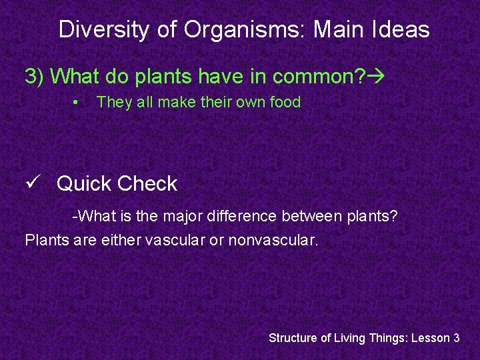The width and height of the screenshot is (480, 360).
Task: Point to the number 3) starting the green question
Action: pyautogui.click(x=35, y=77)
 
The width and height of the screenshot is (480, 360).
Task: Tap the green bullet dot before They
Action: pyautogui.click(x=77, y=103)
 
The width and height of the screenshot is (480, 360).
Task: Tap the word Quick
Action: pyautogui.click(x=84, y=184)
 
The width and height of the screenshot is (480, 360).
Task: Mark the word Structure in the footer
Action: pyautogui.click(x=293, y=338)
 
